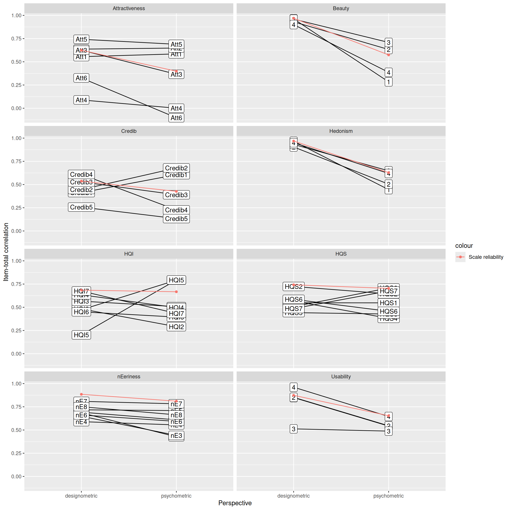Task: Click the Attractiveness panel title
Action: point(129,8)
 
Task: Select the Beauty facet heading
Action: point(341,8)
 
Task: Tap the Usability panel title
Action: point(341,377)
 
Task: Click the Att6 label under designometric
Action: point(81,78)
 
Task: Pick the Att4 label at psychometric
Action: point(176,108)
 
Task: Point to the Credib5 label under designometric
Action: point(81,207)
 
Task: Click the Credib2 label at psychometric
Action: point(176,168)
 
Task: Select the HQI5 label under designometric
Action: point(81,335)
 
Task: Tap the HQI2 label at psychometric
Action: point(176,327)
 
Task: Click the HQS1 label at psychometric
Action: point(388,303)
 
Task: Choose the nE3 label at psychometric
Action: point(176,436)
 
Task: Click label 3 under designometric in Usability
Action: point(294,429)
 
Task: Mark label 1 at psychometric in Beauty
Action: point(388,82)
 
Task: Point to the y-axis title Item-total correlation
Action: point(6,252)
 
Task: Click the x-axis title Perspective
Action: point(235,503)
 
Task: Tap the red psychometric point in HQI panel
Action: point(176,292)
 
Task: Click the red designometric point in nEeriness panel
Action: point(81,394)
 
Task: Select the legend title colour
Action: point(464,246)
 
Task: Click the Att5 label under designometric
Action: point(81,39)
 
